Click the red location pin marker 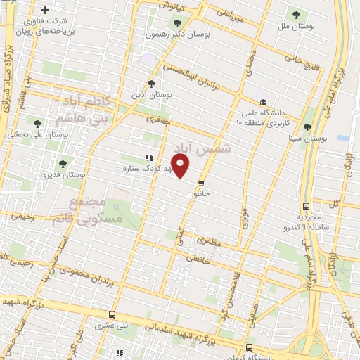[181, 167]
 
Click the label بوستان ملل [295, 26]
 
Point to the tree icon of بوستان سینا [308, 127]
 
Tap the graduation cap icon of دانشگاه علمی [262, 102]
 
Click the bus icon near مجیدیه [305, 207]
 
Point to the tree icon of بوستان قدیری [63, 164]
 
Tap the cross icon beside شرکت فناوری [46, 11]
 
